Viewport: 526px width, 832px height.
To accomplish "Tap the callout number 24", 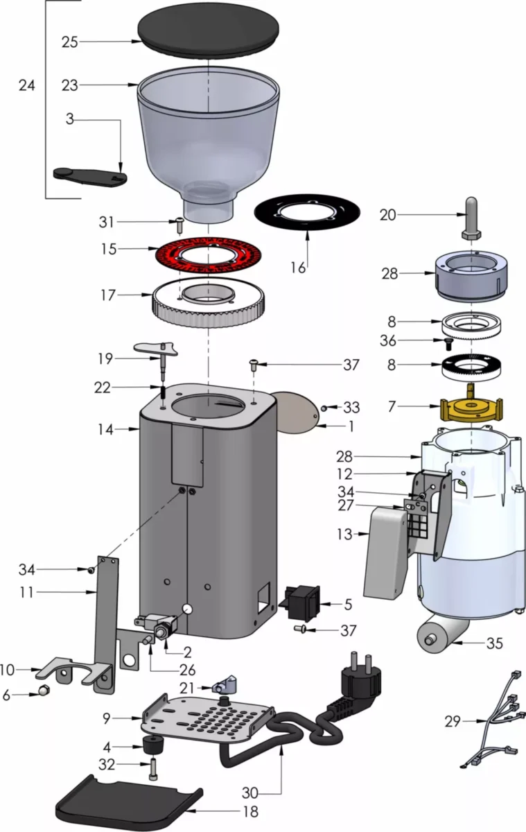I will click(26, 85).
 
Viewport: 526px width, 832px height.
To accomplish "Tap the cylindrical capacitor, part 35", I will click(439, 634).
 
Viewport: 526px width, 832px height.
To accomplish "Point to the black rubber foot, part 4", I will click(152, 748).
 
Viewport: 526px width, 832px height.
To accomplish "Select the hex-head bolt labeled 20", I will click(471, 218).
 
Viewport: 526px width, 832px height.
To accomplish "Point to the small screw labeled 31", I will click(179, 223).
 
